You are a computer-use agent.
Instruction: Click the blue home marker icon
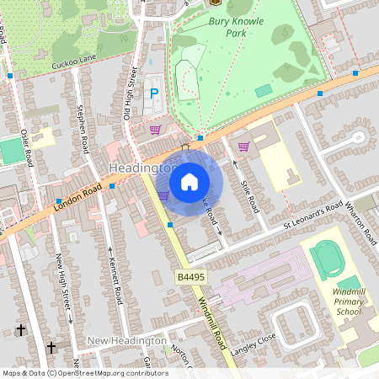(x=189, y=181)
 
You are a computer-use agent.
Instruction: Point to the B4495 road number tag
(x=192, y=277)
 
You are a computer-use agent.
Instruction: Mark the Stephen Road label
(x=82, y=130)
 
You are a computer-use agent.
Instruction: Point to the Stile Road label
(x=247, y=172)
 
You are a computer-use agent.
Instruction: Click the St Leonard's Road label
(x=313, y=214)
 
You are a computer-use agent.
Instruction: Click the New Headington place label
(x=126, y=340)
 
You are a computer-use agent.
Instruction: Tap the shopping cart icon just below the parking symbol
(x=155, y=130)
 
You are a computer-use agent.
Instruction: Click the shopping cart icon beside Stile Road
(x=243, y=147)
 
